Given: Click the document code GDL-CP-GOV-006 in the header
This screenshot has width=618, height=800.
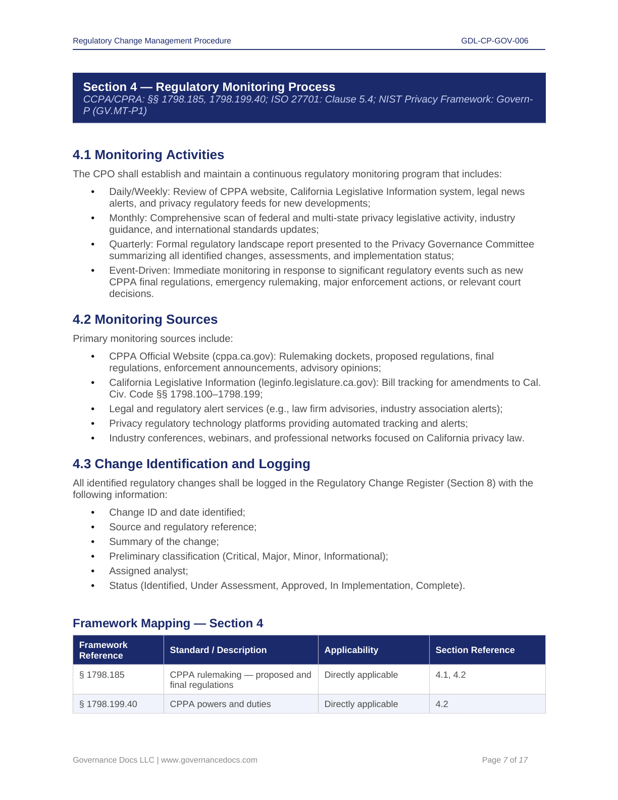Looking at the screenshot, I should [x=494, y=41].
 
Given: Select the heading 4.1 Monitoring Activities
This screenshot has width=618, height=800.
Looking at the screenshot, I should [x=148, y=155].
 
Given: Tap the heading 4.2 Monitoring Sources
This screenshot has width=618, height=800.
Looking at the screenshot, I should [x=145, y=320].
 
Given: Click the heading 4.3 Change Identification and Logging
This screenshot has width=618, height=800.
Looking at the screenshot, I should [x=191, y=464].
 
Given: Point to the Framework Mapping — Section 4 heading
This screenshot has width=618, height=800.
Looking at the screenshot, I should [x=168, y=623].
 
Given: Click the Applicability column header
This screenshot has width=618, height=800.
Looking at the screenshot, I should [x=351, y=650].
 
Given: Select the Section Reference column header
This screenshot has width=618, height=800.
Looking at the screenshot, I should [x=475, y=650].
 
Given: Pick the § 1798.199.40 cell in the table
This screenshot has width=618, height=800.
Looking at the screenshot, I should [x=108, y=704].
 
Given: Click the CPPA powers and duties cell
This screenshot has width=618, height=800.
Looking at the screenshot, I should [x=220, y=704].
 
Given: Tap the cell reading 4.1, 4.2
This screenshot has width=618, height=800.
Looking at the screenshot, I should [x=450, y=675].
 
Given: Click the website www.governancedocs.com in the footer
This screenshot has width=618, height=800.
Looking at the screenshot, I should [x=209, y=760].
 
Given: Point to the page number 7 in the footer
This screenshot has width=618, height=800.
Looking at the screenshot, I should [x=505, y=760].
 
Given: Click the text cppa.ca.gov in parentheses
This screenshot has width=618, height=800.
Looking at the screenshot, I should [x=244, y=357].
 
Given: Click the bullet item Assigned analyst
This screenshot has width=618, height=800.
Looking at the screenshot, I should [x=148, y=571].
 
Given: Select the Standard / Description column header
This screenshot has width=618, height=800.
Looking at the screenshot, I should [x=218, y=650].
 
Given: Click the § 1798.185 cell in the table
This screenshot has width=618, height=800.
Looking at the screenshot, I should [x=102, y=675].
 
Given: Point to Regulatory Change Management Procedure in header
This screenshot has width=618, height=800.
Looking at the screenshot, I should [x=152, y=41].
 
